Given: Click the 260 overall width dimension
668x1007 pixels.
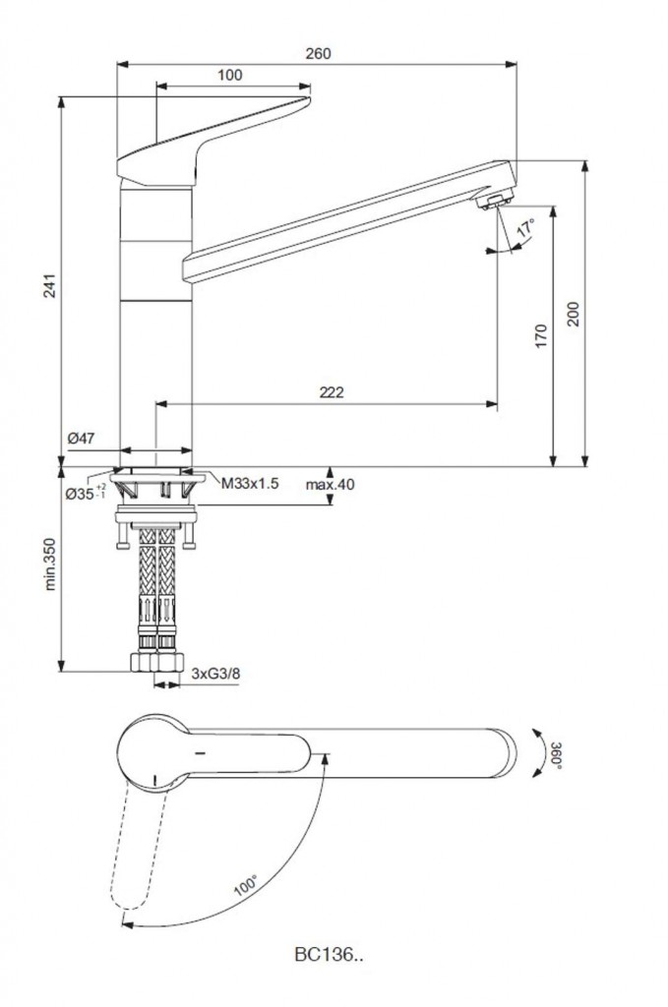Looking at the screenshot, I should coord(318,53).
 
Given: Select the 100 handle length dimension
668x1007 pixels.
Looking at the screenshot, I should coord(230,75).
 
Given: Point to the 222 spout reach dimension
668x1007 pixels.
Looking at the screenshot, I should coord(332,392).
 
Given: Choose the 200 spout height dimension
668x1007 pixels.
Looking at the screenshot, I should coord(575,313).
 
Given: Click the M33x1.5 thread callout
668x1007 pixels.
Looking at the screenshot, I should coord(250,483).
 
